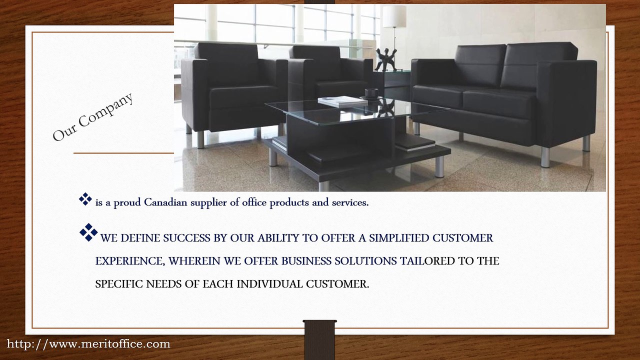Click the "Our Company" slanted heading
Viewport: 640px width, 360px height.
coord(93,116)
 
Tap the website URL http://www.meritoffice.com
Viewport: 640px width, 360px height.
coord(88,344)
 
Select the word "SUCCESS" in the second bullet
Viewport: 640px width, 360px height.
coord(187,238)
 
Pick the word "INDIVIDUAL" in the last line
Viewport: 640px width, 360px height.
coord(269,284)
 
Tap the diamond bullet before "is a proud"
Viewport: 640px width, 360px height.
coord(85,199)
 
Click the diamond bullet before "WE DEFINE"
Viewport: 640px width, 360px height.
coord(88,232)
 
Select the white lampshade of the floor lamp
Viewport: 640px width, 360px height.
coord(394,16)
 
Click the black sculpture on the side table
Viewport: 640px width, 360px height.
coord(386,60)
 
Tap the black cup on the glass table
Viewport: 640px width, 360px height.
coord(371,93)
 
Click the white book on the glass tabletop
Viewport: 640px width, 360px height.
coord(342,101)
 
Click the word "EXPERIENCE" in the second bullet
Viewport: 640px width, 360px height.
coord(128,261)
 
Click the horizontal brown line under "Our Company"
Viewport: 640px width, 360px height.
coord(123,153)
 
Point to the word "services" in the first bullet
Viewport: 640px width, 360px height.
coord(349,202)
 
